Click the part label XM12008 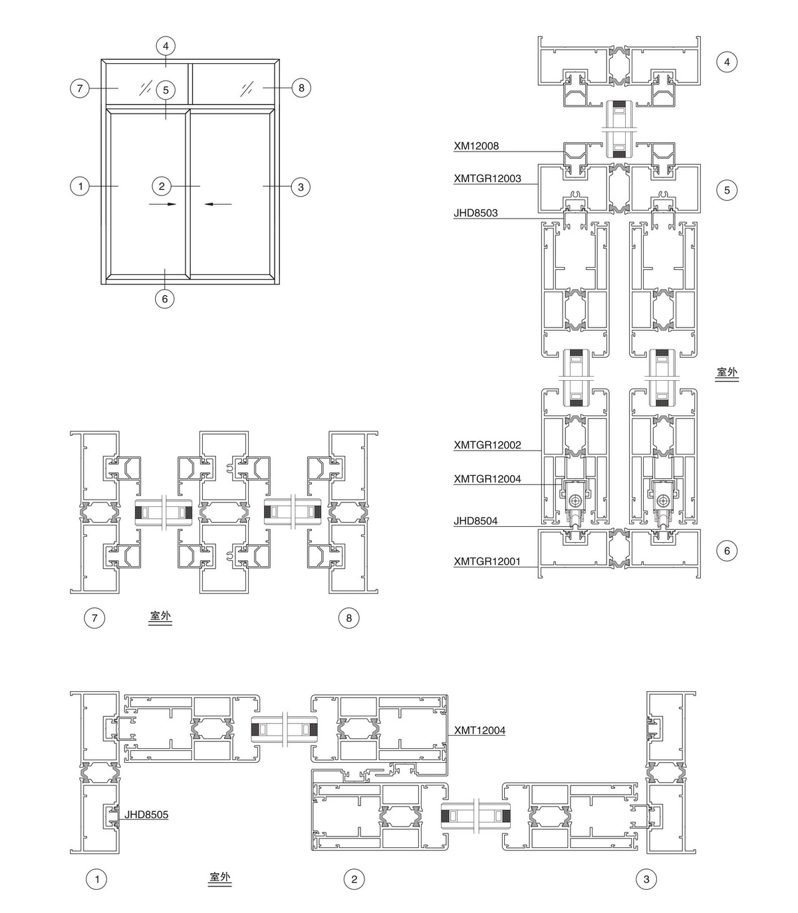click(x=476, y=146)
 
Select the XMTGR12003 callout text click(x=487, y=179)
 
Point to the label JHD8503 click(x=475, y=213)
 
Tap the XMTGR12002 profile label click(x=487, y=445)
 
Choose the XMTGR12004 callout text click(x=487, y=479)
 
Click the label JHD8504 click(x=475, y=521)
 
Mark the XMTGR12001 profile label click(x=487, y=561)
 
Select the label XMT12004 click(x=479, y=730)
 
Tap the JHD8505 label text click(x=146, y=815)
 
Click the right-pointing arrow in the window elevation click(x=162, y=205)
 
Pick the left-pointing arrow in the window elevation click(x=218, y=205)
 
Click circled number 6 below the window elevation click(x=165, y=298)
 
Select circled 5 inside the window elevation click(x=166, y=90)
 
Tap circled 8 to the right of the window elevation click(x=301, y=88)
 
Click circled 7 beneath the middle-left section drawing click(x=94, y=618)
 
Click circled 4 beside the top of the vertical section click(x=727, y=62)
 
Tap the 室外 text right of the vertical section click(x=727, y=372)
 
